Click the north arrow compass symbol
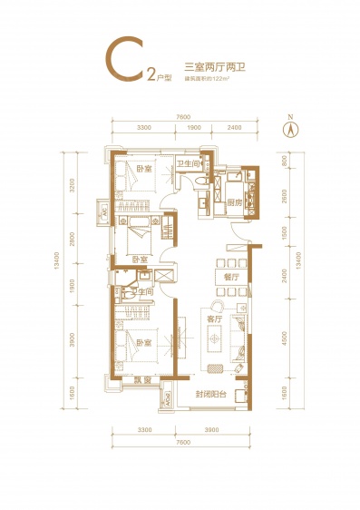288,128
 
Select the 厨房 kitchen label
234,201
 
